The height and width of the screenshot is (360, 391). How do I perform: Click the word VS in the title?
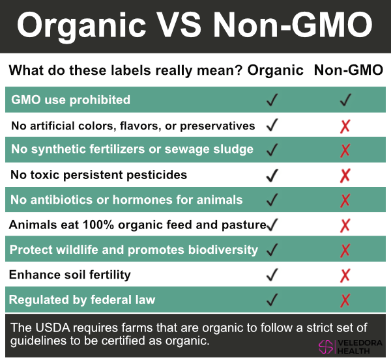179,25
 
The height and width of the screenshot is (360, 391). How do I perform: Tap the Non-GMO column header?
349,70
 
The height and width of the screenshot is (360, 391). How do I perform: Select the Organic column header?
275,70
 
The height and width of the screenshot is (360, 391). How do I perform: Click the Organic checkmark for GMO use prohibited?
272,100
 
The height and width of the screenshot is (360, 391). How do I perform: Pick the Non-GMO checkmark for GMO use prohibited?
345,100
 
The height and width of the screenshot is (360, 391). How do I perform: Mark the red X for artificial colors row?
345,126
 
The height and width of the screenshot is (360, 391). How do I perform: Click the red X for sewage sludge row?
345,150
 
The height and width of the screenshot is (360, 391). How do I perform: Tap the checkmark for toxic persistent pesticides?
272,175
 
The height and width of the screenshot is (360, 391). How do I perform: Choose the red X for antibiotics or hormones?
345,201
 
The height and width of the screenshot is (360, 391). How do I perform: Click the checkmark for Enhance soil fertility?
272,275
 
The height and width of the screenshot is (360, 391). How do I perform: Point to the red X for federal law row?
345,300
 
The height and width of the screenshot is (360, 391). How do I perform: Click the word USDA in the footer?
53,327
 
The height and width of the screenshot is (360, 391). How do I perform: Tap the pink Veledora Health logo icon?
326,346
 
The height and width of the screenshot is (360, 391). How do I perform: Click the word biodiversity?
223,250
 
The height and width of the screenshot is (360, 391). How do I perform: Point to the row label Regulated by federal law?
82,300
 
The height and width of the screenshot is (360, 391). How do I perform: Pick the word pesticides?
156,175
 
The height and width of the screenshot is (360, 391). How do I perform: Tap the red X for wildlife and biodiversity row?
345,251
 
